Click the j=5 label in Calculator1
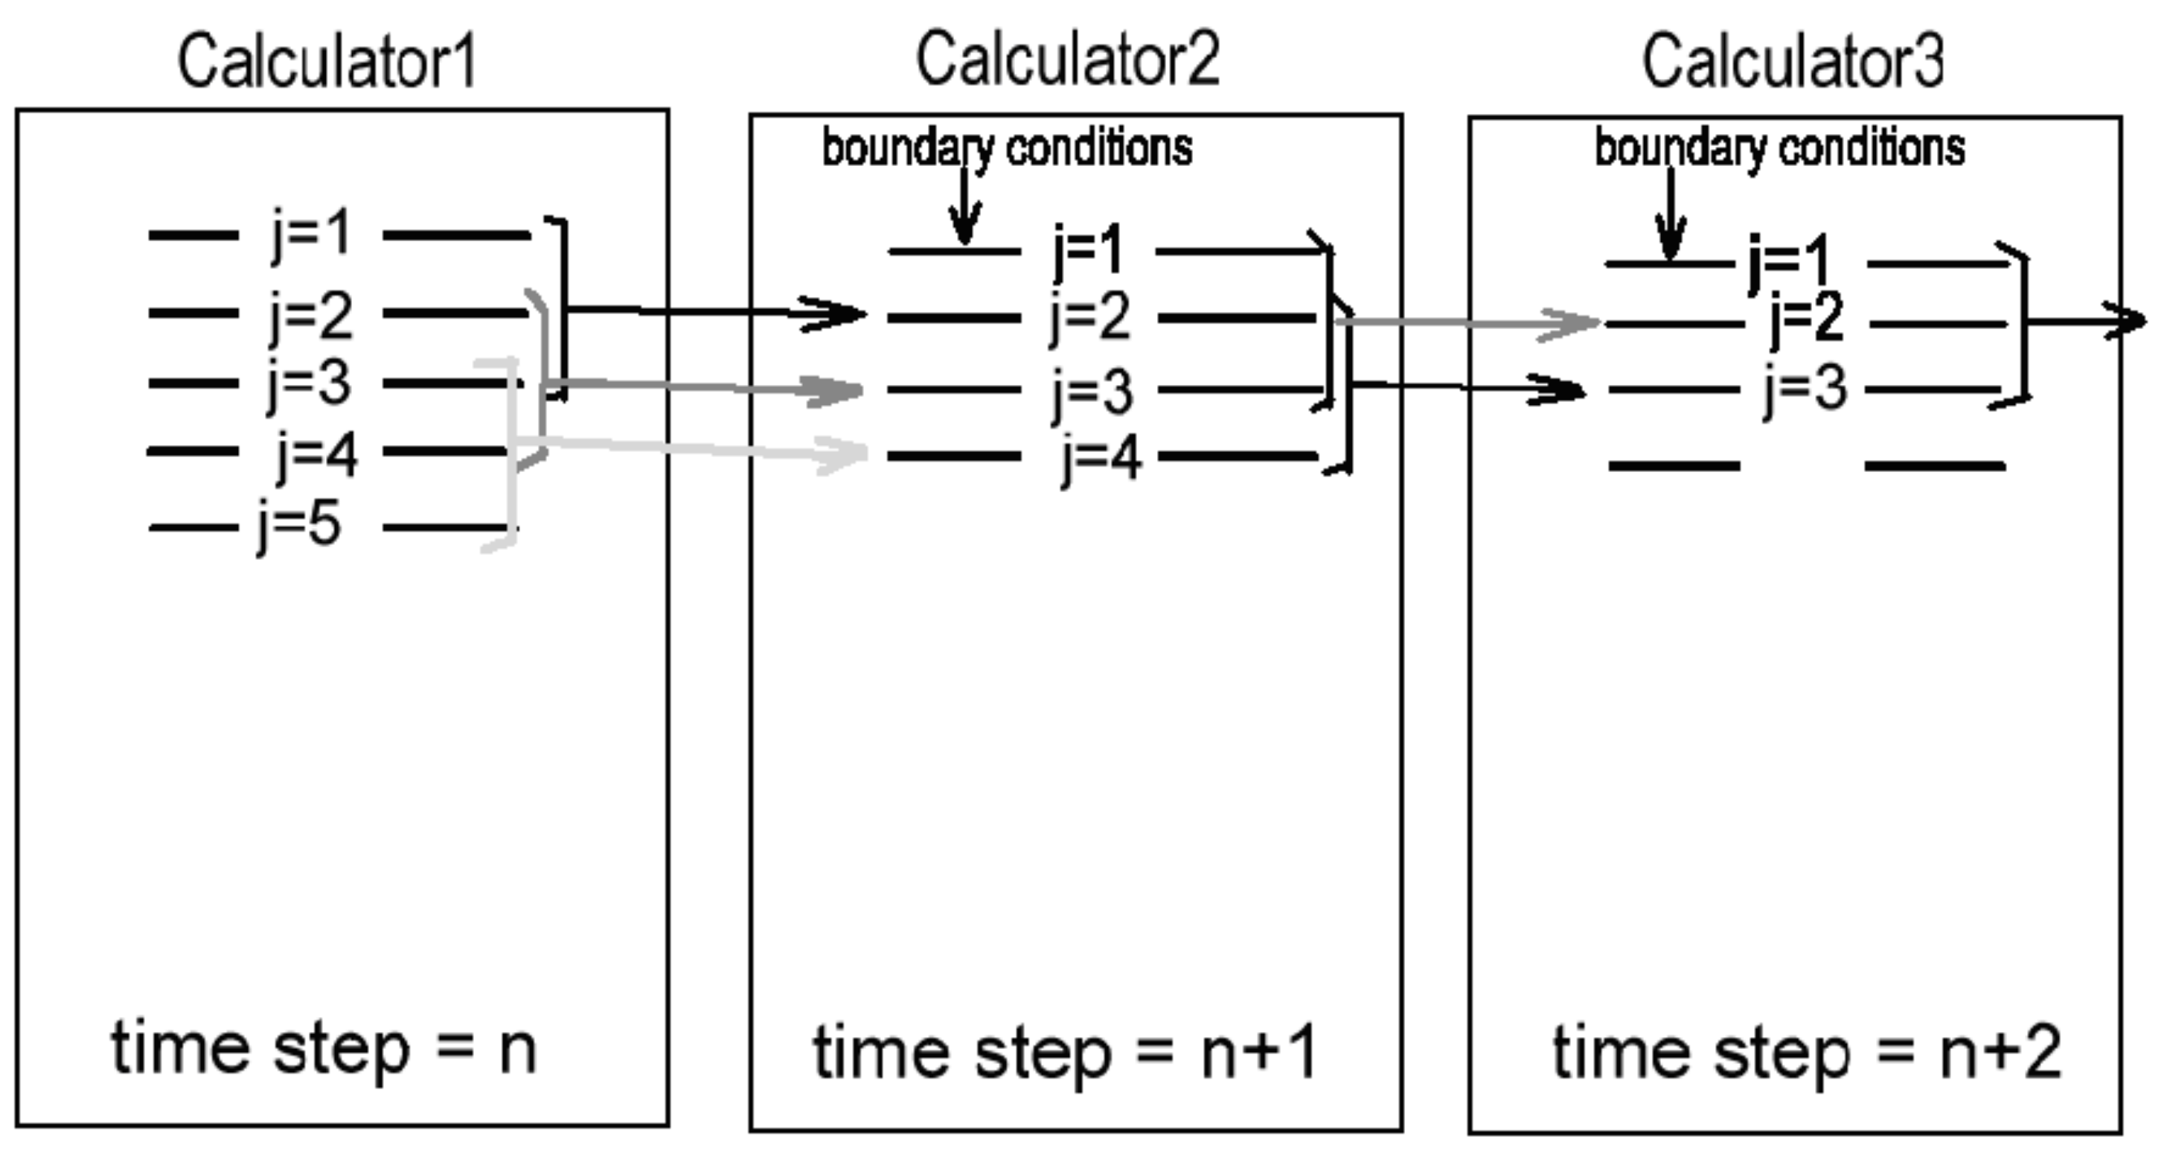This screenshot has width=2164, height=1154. [299, 526]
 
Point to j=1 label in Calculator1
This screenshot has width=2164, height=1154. [310, 234]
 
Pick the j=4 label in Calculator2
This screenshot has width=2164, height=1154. [1101, 459]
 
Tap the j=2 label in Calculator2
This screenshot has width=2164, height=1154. [1089, 318]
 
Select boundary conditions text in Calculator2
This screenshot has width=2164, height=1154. [1006, 149]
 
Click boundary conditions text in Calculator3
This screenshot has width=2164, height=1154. [1779, 149]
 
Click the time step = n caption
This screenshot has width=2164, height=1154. [324, 1049]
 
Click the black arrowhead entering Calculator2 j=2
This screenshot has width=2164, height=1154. [840, 314]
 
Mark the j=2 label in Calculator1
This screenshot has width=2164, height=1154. [310, 316]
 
